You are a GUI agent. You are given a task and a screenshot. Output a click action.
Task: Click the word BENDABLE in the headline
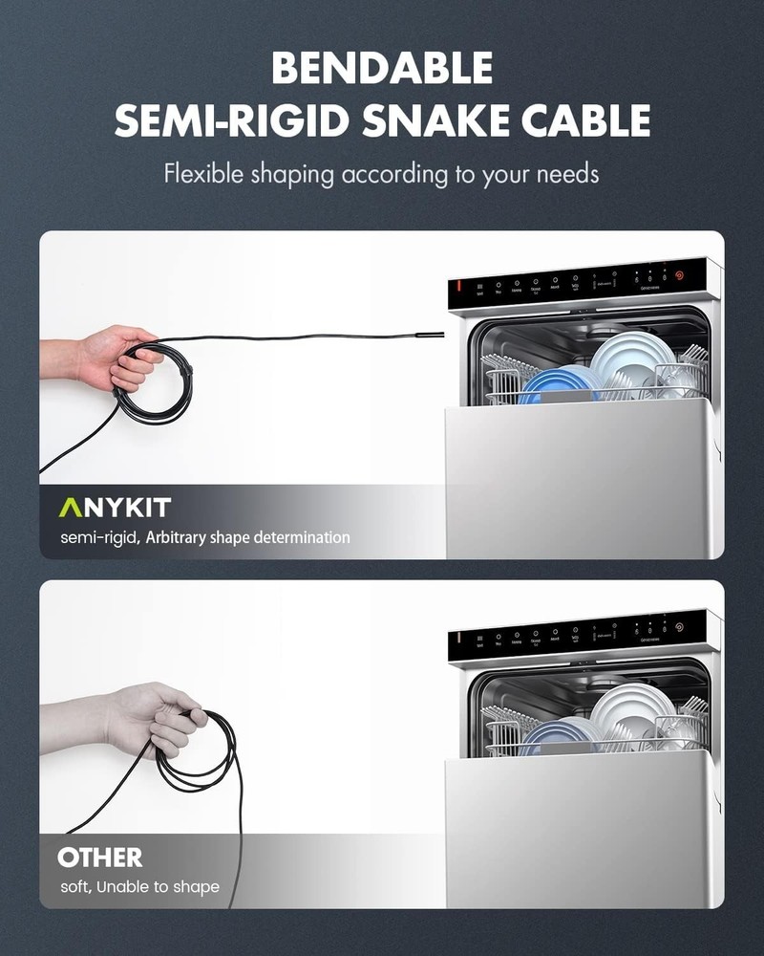coord(382,69)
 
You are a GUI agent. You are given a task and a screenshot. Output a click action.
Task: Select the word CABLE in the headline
coord(591,121)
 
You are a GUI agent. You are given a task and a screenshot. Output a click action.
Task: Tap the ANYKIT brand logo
coord(115,507)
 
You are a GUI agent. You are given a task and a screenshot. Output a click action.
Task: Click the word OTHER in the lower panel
coord(100,857)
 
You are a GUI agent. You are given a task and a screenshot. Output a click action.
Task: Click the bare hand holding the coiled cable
coord(115,356)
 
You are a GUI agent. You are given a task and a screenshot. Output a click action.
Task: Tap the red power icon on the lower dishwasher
coord(679,628)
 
